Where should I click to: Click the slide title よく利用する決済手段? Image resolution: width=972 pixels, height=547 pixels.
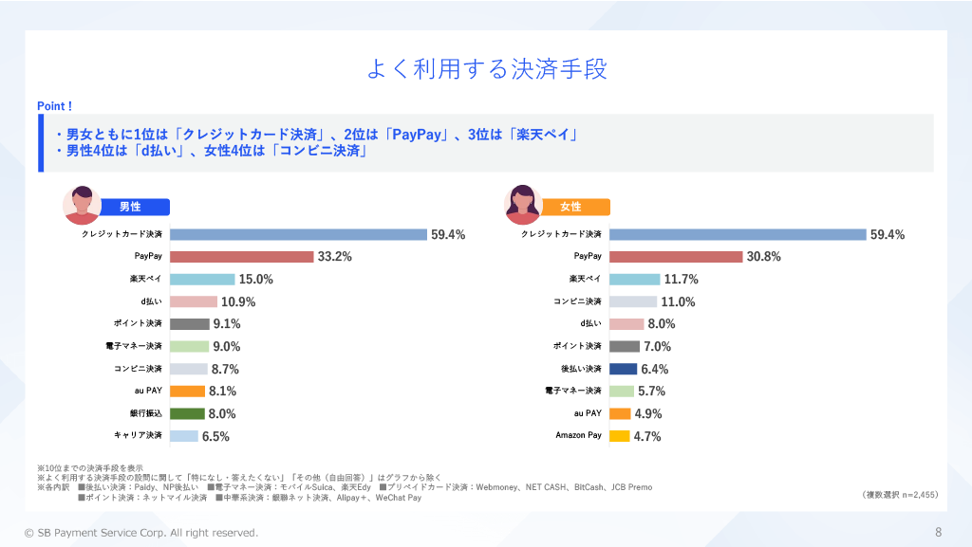(486, 70)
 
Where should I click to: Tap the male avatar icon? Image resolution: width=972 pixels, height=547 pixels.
(83, 204)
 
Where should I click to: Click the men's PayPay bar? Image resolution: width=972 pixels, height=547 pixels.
(242, 257)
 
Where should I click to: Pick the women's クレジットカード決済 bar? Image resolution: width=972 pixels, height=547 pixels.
(738, 234)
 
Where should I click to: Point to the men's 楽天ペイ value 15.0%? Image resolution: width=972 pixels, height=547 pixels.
(256, 280)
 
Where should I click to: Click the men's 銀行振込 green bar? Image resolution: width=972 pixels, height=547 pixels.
(188, 413)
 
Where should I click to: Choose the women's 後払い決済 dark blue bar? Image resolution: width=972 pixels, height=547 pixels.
(623, 369)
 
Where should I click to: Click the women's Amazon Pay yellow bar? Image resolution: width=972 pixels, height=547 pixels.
(619, 436)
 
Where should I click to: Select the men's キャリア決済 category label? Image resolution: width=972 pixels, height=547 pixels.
(139, 436)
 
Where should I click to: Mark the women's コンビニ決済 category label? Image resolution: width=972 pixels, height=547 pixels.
(577, 301)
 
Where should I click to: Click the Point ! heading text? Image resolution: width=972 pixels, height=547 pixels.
(55, 106)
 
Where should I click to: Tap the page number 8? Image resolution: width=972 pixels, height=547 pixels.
(938, 533)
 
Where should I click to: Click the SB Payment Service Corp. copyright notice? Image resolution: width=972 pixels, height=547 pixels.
(141, 533)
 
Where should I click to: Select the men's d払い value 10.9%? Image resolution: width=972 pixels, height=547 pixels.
(238, 302)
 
